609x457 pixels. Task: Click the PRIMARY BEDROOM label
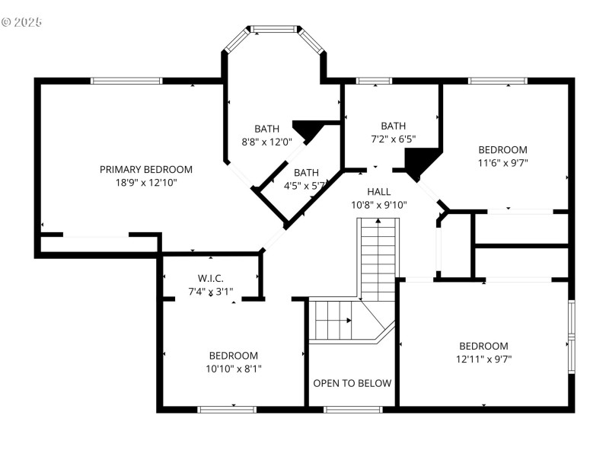coord(146,169)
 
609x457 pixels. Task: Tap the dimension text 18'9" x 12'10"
coord(146,182)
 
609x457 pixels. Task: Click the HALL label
coord(379,191)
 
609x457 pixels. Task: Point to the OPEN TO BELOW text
coord(352,383)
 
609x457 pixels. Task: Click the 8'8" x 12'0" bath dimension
coord(266,142)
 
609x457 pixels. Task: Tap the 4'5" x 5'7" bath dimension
coord(304,185)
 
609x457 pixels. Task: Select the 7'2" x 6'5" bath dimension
coord(394,139)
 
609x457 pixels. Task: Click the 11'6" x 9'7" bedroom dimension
coord(502,162)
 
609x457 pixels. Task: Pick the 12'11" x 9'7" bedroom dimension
coord(483,359)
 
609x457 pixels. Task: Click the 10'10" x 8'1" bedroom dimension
coord(234,369)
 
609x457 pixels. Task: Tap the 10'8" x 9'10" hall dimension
coord(379,204)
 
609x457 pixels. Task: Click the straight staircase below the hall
coord(379,259)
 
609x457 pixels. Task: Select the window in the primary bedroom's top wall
coord(126,81)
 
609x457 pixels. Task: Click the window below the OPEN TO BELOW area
coord(352,410)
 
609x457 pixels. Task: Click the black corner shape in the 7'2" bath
coord(419,162)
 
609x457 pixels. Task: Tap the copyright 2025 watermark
coord(21,22)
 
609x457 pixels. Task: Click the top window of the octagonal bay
coord(274,30)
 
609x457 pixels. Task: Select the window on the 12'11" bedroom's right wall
coord(571,336)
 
